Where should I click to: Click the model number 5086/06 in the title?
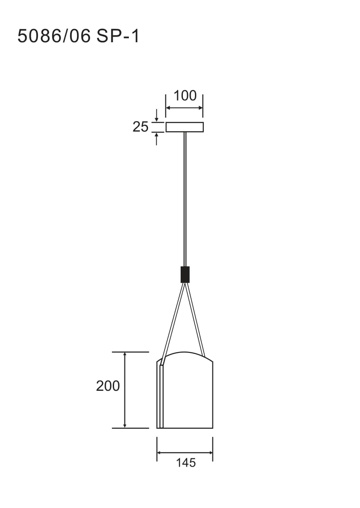coord(54,36)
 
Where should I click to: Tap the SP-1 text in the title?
coord(118,36)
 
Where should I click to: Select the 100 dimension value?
coord(185,95)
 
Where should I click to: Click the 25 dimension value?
coord(141,127)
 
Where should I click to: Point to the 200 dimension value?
coord(108,386)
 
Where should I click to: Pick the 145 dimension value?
coord(186,463)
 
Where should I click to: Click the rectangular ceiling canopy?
coord(185,127)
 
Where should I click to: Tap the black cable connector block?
coord(185,274)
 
